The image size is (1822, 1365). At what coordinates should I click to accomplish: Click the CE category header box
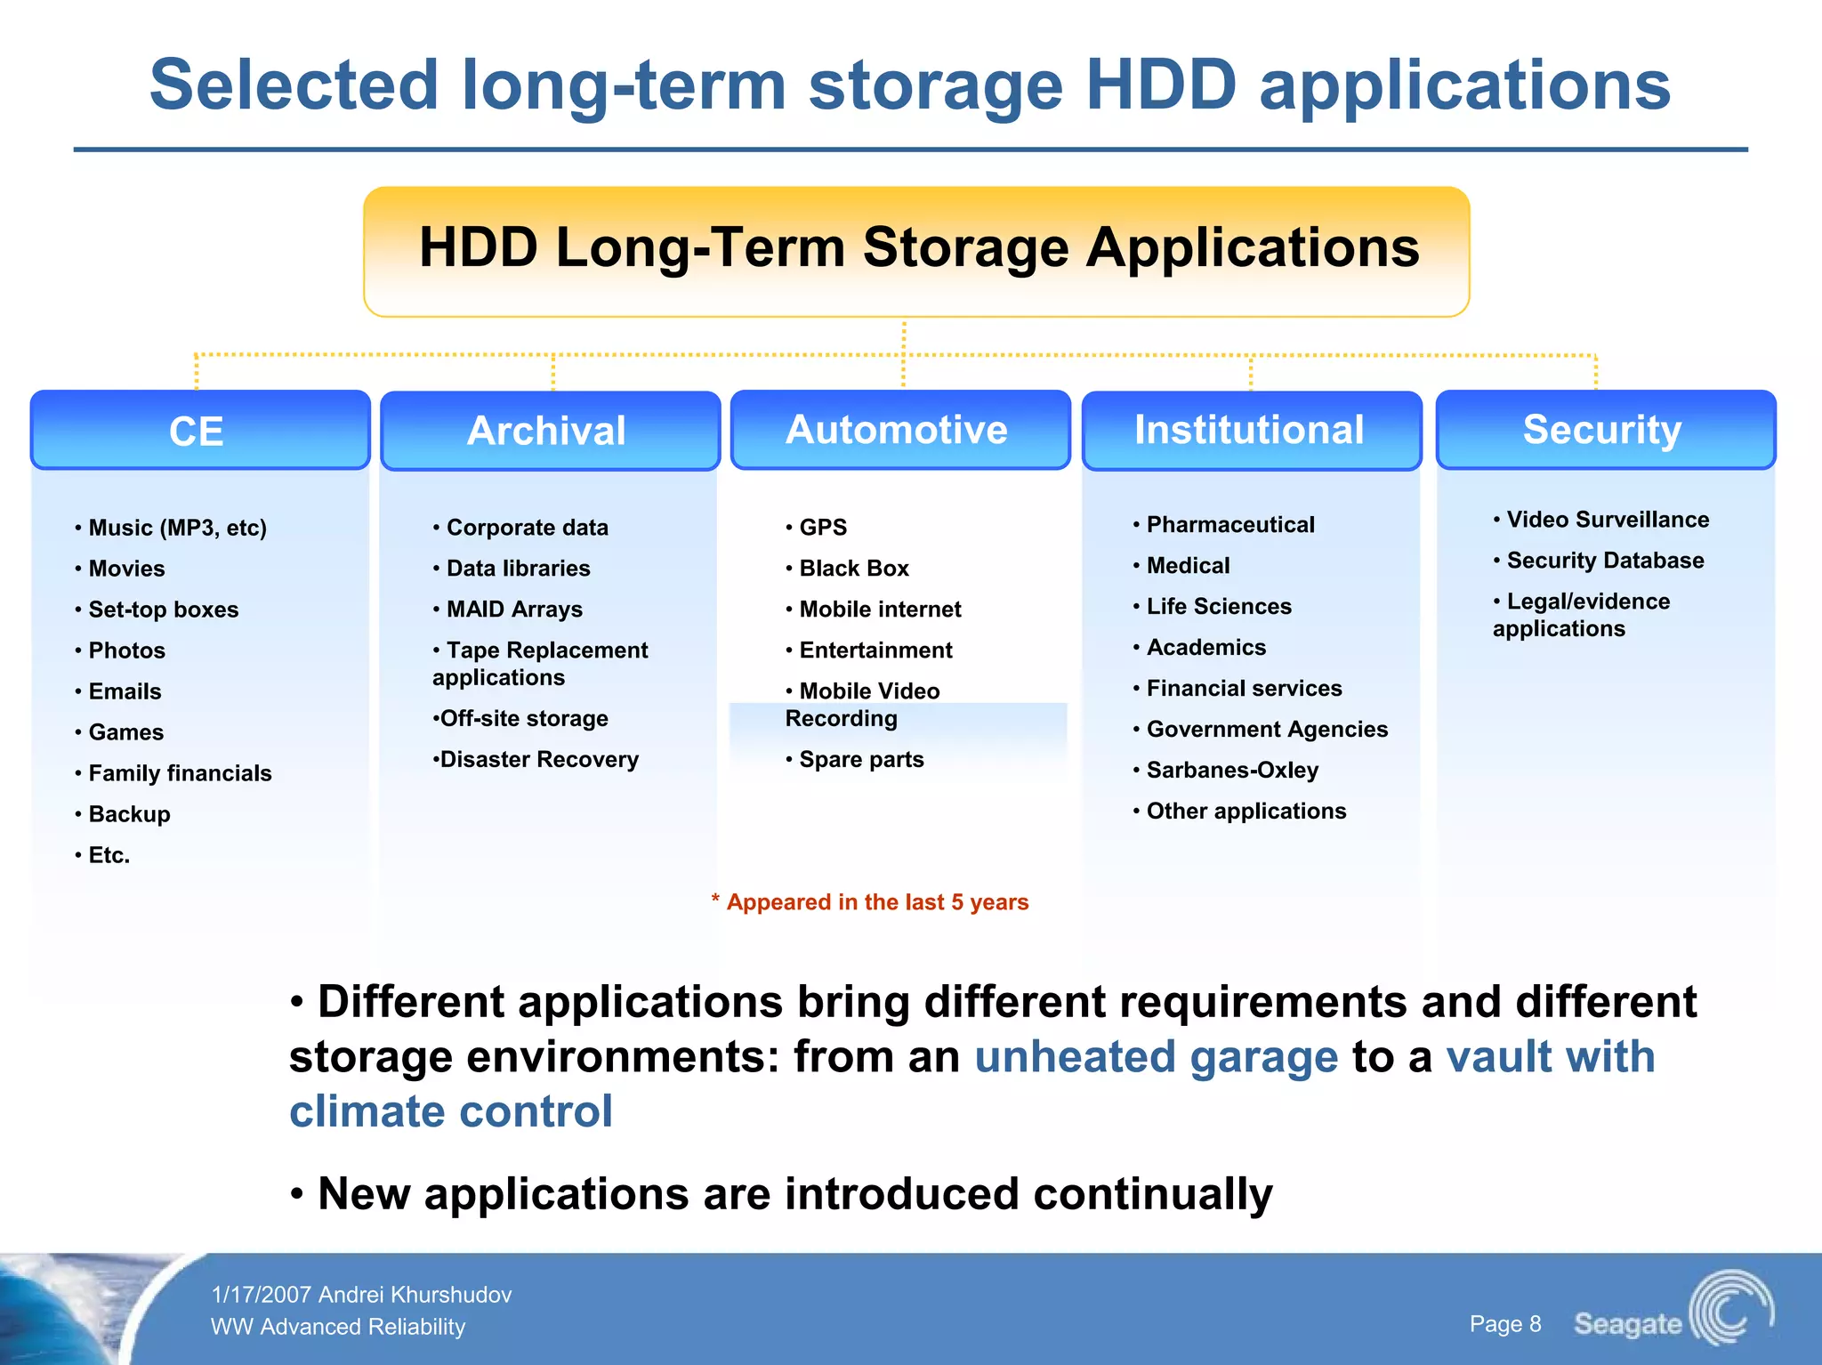(199, 431)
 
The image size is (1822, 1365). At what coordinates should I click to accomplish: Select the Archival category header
(549, 431)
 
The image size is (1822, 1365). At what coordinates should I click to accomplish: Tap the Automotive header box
(899, 430)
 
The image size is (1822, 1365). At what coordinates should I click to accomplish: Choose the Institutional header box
(1250, 430)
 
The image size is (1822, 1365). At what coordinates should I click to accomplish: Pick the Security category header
(1604, 430)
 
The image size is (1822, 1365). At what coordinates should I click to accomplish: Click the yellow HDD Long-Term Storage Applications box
(916, 250)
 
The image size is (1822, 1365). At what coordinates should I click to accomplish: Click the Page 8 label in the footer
(1504, 1324)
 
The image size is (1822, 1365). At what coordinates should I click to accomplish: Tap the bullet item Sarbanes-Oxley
(1231, 771)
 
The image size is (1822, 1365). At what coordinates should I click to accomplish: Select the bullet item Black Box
(853, 569)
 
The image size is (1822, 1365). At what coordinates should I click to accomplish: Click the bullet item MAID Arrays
(513, 610)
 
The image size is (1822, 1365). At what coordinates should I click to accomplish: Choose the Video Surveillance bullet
(1607, 520)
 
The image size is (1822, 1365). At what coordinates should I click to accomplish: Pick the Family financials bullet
(179, 773)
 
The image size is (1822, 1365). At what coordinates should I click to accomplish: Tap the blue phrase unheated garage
(1156, 1057)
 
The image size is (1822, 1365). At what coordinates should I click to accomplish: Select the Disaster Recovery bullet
(538, 760)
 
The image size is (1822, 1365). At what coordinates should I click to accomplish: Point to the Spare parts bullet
(860, 760)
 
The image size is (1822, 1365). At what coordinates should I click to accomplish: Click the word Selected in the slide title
(294, 85)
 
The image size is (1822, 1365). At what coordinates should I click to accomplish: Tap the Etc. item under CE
(109, 855)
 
